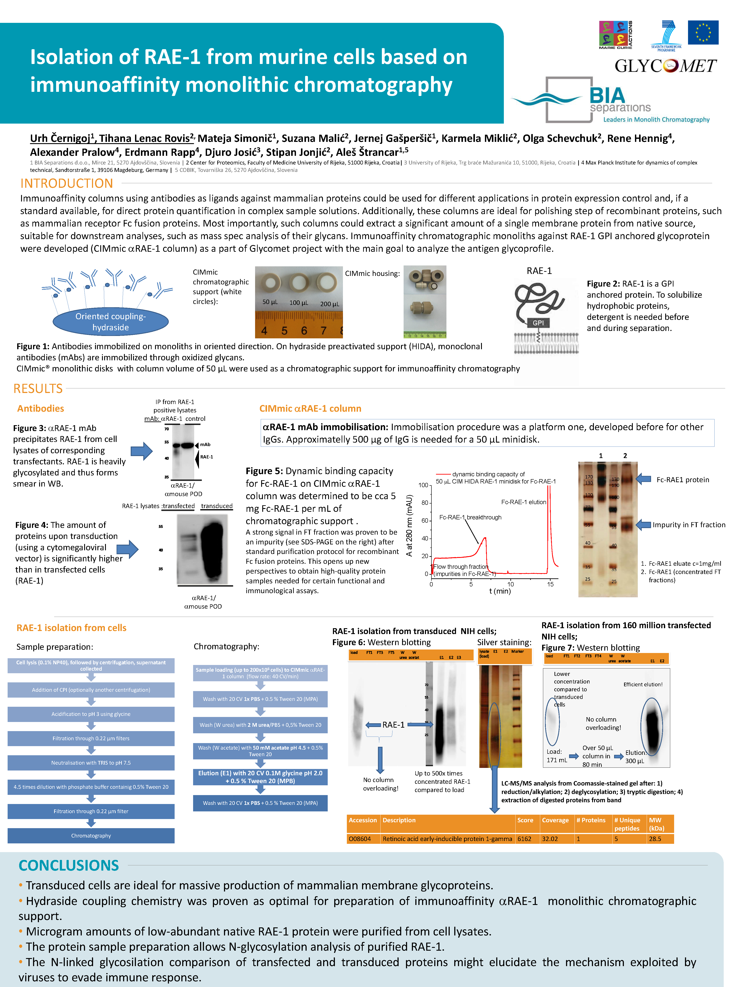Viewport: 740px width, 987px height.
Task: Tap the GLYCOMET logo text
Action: point(665,66)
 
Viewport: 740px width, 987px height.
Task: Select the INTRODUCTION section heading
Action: point(67,183)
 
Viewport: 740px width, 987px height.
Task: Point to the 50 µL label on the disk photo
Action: point(270,302)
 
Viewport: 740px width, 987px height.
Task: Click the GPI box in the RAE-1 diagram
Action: point(538,323)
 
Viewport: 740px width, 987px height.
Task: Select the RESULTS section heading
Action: point(38,389)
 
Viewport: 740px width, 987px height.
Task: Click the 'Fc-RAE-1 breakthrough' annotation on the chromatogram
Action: point(470,517)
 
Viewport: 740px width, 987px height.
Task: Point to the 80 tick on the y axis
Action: point(425,503)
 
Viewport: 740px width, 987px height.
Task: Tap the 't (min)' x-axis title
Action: point(499,591)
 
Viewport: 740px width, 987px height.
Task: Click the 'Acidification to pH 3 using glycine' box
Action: point(91,714)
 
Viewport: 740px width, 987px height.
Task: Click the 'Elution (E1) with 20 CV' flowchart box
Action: point(260,777)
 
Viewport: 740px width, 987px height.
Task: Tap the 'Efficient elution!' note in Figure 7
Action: point(643,685)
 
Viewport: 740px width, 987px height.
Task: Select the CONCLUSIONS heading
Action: point(69,866)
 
